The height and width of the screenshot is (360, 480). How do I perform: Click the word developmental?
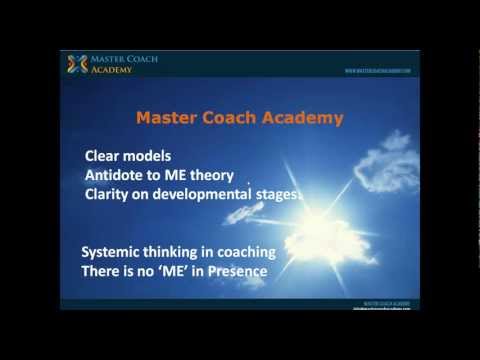207,195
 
